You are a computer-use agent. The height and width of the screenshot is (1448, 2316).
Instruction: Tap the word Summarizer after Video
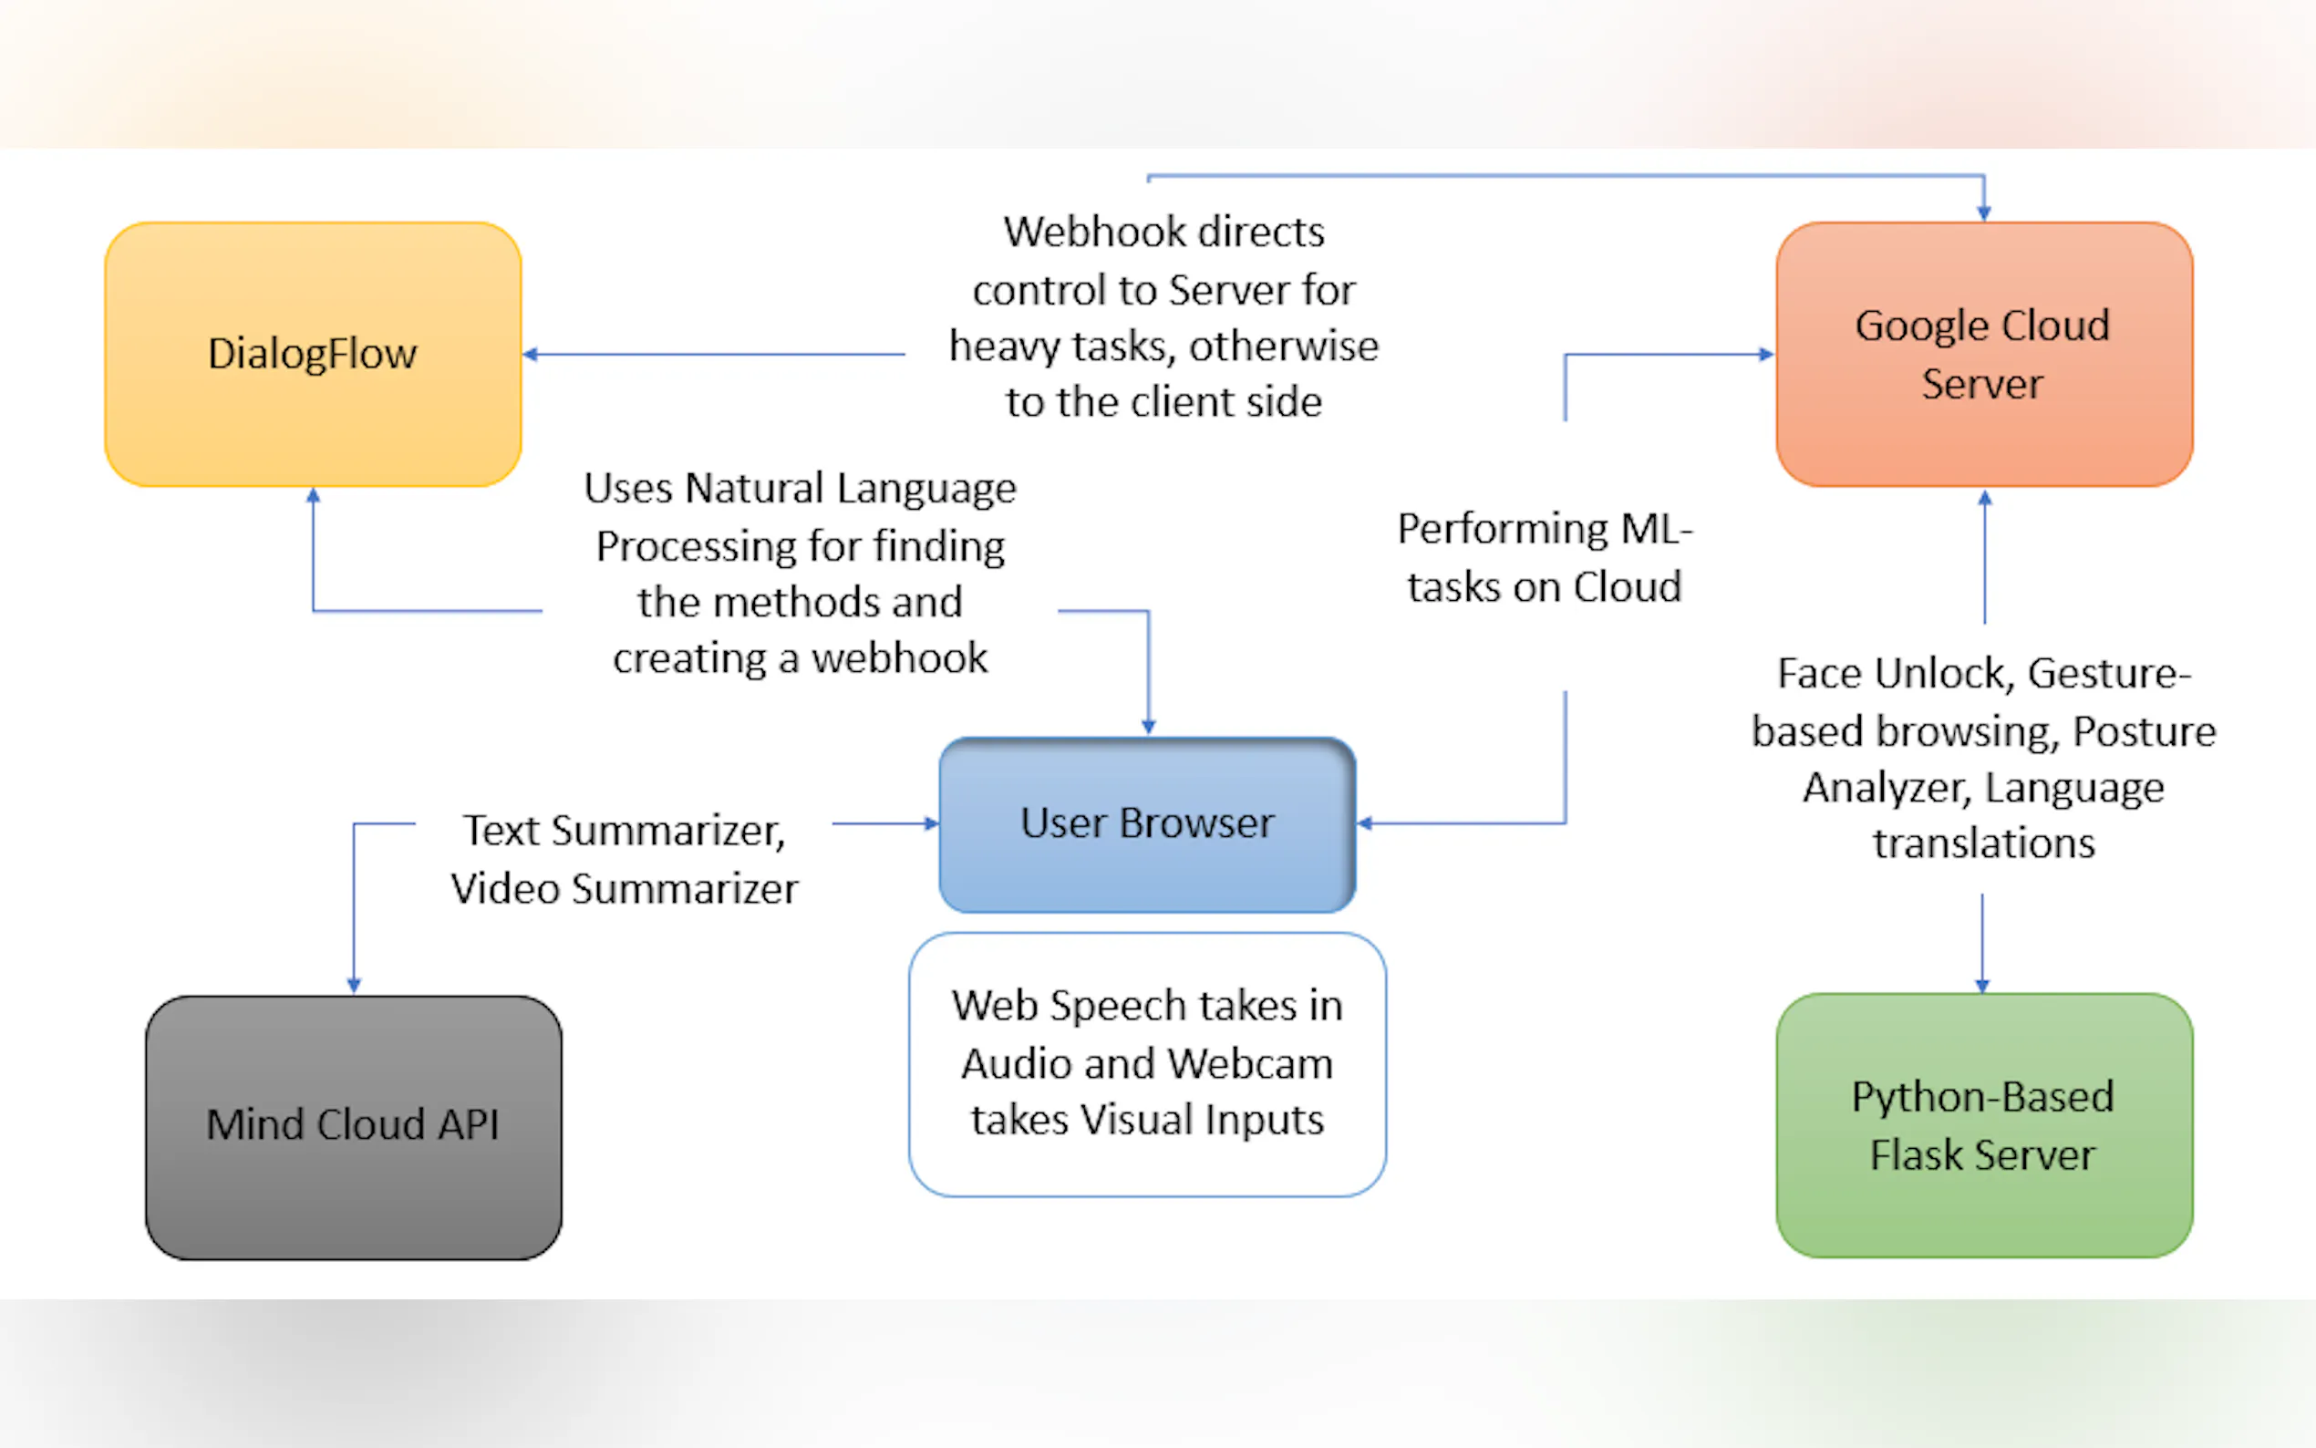tap(685, 889)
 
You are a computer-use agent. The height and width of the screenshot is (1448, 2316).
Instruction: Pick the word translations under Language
tap(1983, 843)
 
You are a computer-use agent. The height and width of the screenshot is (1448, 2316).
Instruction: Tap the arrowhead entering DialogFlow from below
tap(313, 496)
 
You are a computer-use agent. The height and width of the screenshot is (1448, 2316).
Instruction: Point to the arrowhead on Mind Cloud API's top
tap(353, 986)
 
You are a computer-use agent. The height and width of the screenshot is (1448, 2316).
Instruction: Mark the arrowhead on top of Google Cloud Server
tap(1983, 212)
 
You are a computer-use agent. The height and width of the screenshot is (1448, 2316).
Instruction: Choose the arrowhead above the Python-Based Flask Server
tap(1982, 986)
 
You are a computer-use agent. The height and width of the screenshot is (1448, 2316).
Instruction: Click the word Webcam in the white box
tap(1249, 1064)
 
